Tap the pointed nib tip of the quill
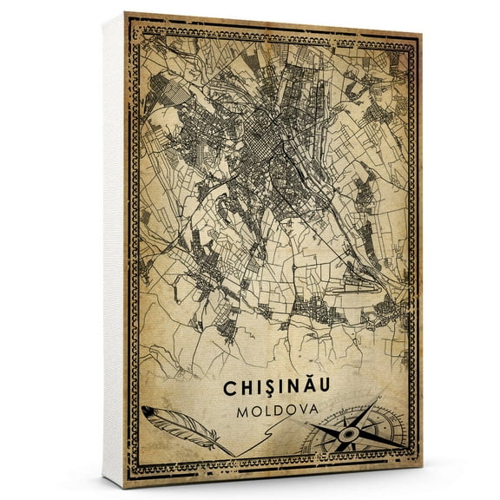click(233, 454)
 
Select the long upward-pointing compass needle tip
click(378, 399)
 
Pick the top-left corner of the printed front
click(127, 13)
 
